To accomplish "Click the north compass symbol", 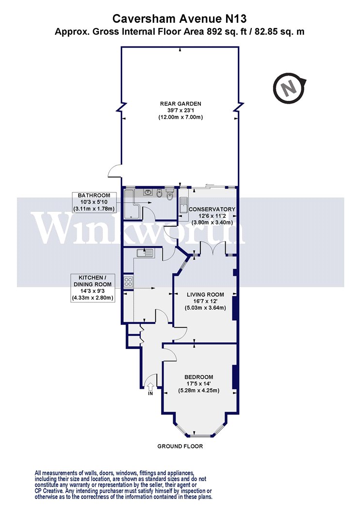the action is (289, 88).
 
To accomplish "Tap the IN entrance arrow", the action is (150, 386).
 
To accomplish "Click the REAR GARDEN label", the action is (180, 104).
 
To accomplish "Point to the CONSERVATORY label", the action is (212, 209).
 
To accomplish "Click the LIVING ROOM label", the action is (205, 295).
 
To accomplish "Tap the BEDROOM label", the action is (199, 377).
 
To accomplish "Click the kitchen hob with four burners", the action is (128, 281).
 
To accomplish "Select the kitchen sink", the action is (145, 253).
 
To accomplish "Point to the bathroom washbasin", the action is (148, 192).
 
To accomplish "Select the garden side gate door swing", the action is (115, 171).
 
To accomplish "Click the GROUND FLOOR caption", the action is (180, 446).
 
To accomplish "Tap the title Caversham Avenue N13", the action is (180, 18).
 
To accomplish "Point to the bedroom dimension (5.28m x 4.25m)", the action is (199, 391).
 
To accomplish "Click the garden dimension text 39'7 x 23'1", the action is (180, 111).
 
